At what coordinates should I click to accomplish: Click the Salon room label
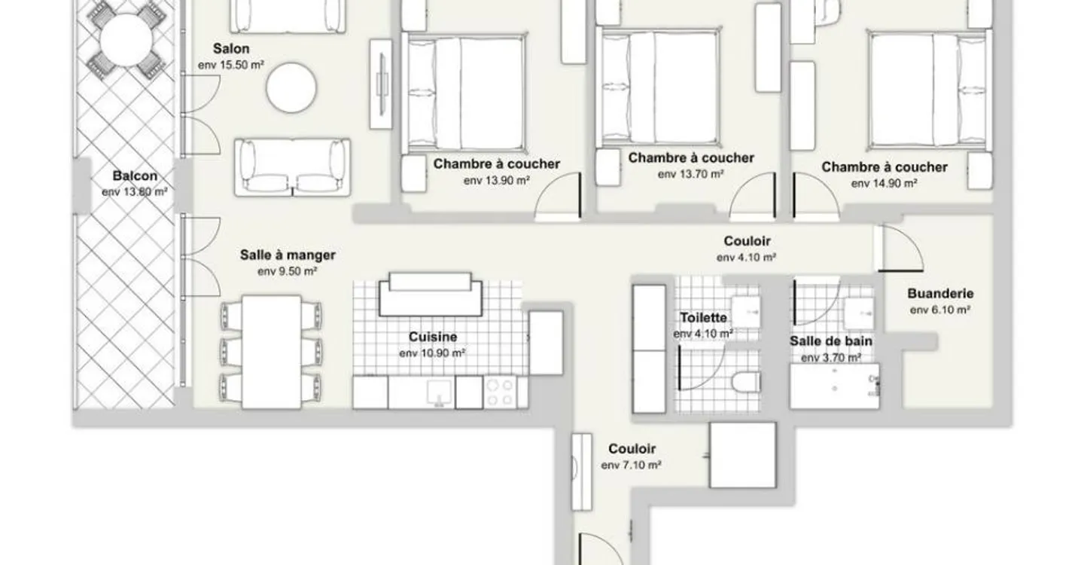[231, 49]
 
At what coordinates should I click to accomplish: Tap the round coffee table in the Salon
[291, 88]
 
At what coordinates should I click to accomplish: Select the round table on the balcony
[126, 40]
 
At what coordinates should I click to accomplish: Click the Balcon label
[135, 176]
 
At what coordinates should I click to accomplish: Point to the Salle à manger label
[288, 255]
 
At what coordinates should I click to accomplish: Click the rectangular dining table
[272, 352]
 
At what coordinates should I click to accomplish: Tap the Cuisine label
[433, 337]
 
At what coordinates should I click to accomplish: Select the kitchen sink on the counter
[439, 392]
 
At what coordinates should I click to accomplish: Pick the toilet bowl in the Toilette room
[746, 383]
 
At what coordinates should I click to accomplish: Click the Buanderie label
[940, 293]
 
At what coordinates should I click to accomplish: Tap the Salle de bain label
[831, 341]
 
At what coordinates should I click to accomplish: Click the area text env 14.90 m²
[884, 184]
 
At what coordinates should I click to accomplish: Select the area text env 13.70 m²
[690, 174]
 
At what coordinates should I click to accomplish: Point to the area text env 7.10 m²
[631, 466]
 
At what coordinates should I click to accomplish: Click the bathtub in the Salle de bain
[834, 386]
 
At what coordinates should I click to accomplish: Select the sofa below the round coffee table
[292, 167]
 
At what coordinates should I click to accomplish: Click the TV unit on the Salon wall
[381, 84]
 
